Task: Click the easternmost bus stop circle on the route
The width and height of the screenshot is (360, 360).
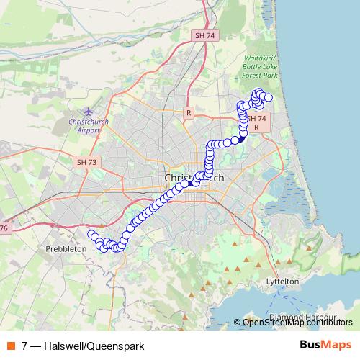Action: pyautogui.click(x=269, y=97)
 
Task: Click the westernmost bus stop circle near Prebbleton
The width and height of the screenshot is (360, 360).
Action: pyautogui.click(x=91, y=234)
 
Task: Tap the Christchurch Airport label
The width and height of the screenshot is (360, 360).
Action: pyautogui.click(x=88, y=126)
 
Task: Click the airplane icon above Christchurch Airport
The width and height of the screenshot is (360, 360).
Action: pyautogui.click(x=88, y=112)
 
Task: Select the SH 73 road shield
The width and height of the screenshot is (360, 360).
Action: pyautogui.click(x=86, y=162)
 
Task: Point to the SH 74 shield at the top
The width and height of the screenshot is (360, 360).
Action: pyautogui.click(x=204, y=35)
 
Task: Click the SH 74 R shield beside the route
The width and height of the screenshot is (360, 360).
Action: pyautogui.click(x=261, y=122)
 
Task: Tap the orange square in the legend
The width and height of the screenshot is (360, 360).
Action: pyautogui.click(x=11, y=346)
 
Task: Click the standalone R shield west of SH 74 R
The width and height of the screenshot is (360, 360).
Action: pyautogui.click(x=189, y=113)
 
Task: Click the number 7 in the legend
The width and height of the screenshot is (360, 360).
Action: pyautogui.click(x=25, y=346)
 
